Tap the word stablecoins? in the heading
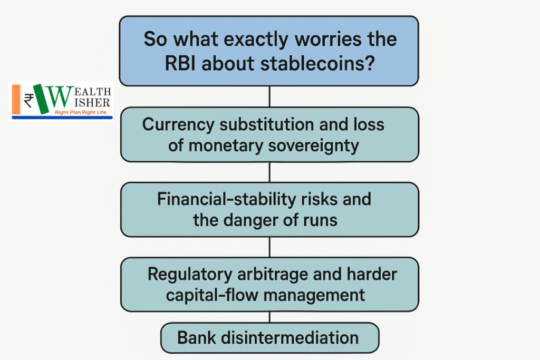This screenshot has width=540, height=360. pyautogui.click(x=317, y=64)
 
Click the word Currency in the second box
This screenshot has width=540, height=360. pyautogui.click(x=178, y=125)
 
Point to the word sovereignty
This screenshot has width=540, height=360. pyautogui.click(x=313, y=146)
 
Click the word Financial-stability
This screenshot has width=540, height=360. pyautogui.click(x=226, y=199)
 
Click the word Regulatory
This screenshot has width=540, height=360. pyautogui.click(x=190, y=275)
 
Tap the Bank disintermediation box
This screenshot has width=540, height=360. pyautogui.click(x=269, y=338)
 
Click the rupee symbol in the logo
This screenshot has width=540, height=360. pyautogui.click(x=28, y=101)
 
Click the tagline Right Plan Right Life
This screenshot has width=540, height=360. pyautogui.click(x=81, y=112)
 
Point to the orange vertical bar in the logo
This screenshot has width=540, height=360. pyautogui.click(x=16, y=99)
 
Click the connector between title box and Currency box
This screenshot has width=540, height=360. pyautogui.click(x=269, y=96)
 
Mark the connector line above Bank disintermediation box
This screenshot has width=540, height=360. pyautogui.click(x=269, y=317)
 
